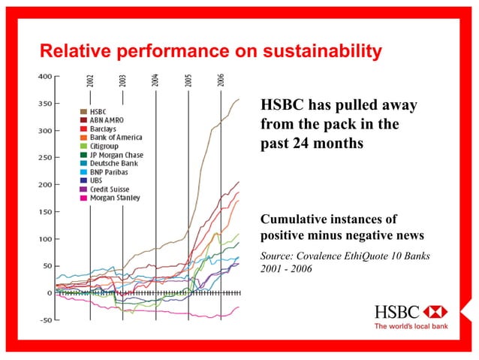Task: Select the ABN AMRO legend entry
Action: pos(107,120)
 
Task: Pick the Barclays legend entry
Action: pos(104,129)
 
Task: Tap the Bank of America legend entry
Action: pos(112,138)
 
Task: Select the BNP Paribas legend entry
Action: pos(108,172)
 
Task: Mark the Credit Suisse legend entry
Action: pos(108,189)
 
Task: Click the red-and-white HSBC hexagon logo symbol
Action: pos(434,312)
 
